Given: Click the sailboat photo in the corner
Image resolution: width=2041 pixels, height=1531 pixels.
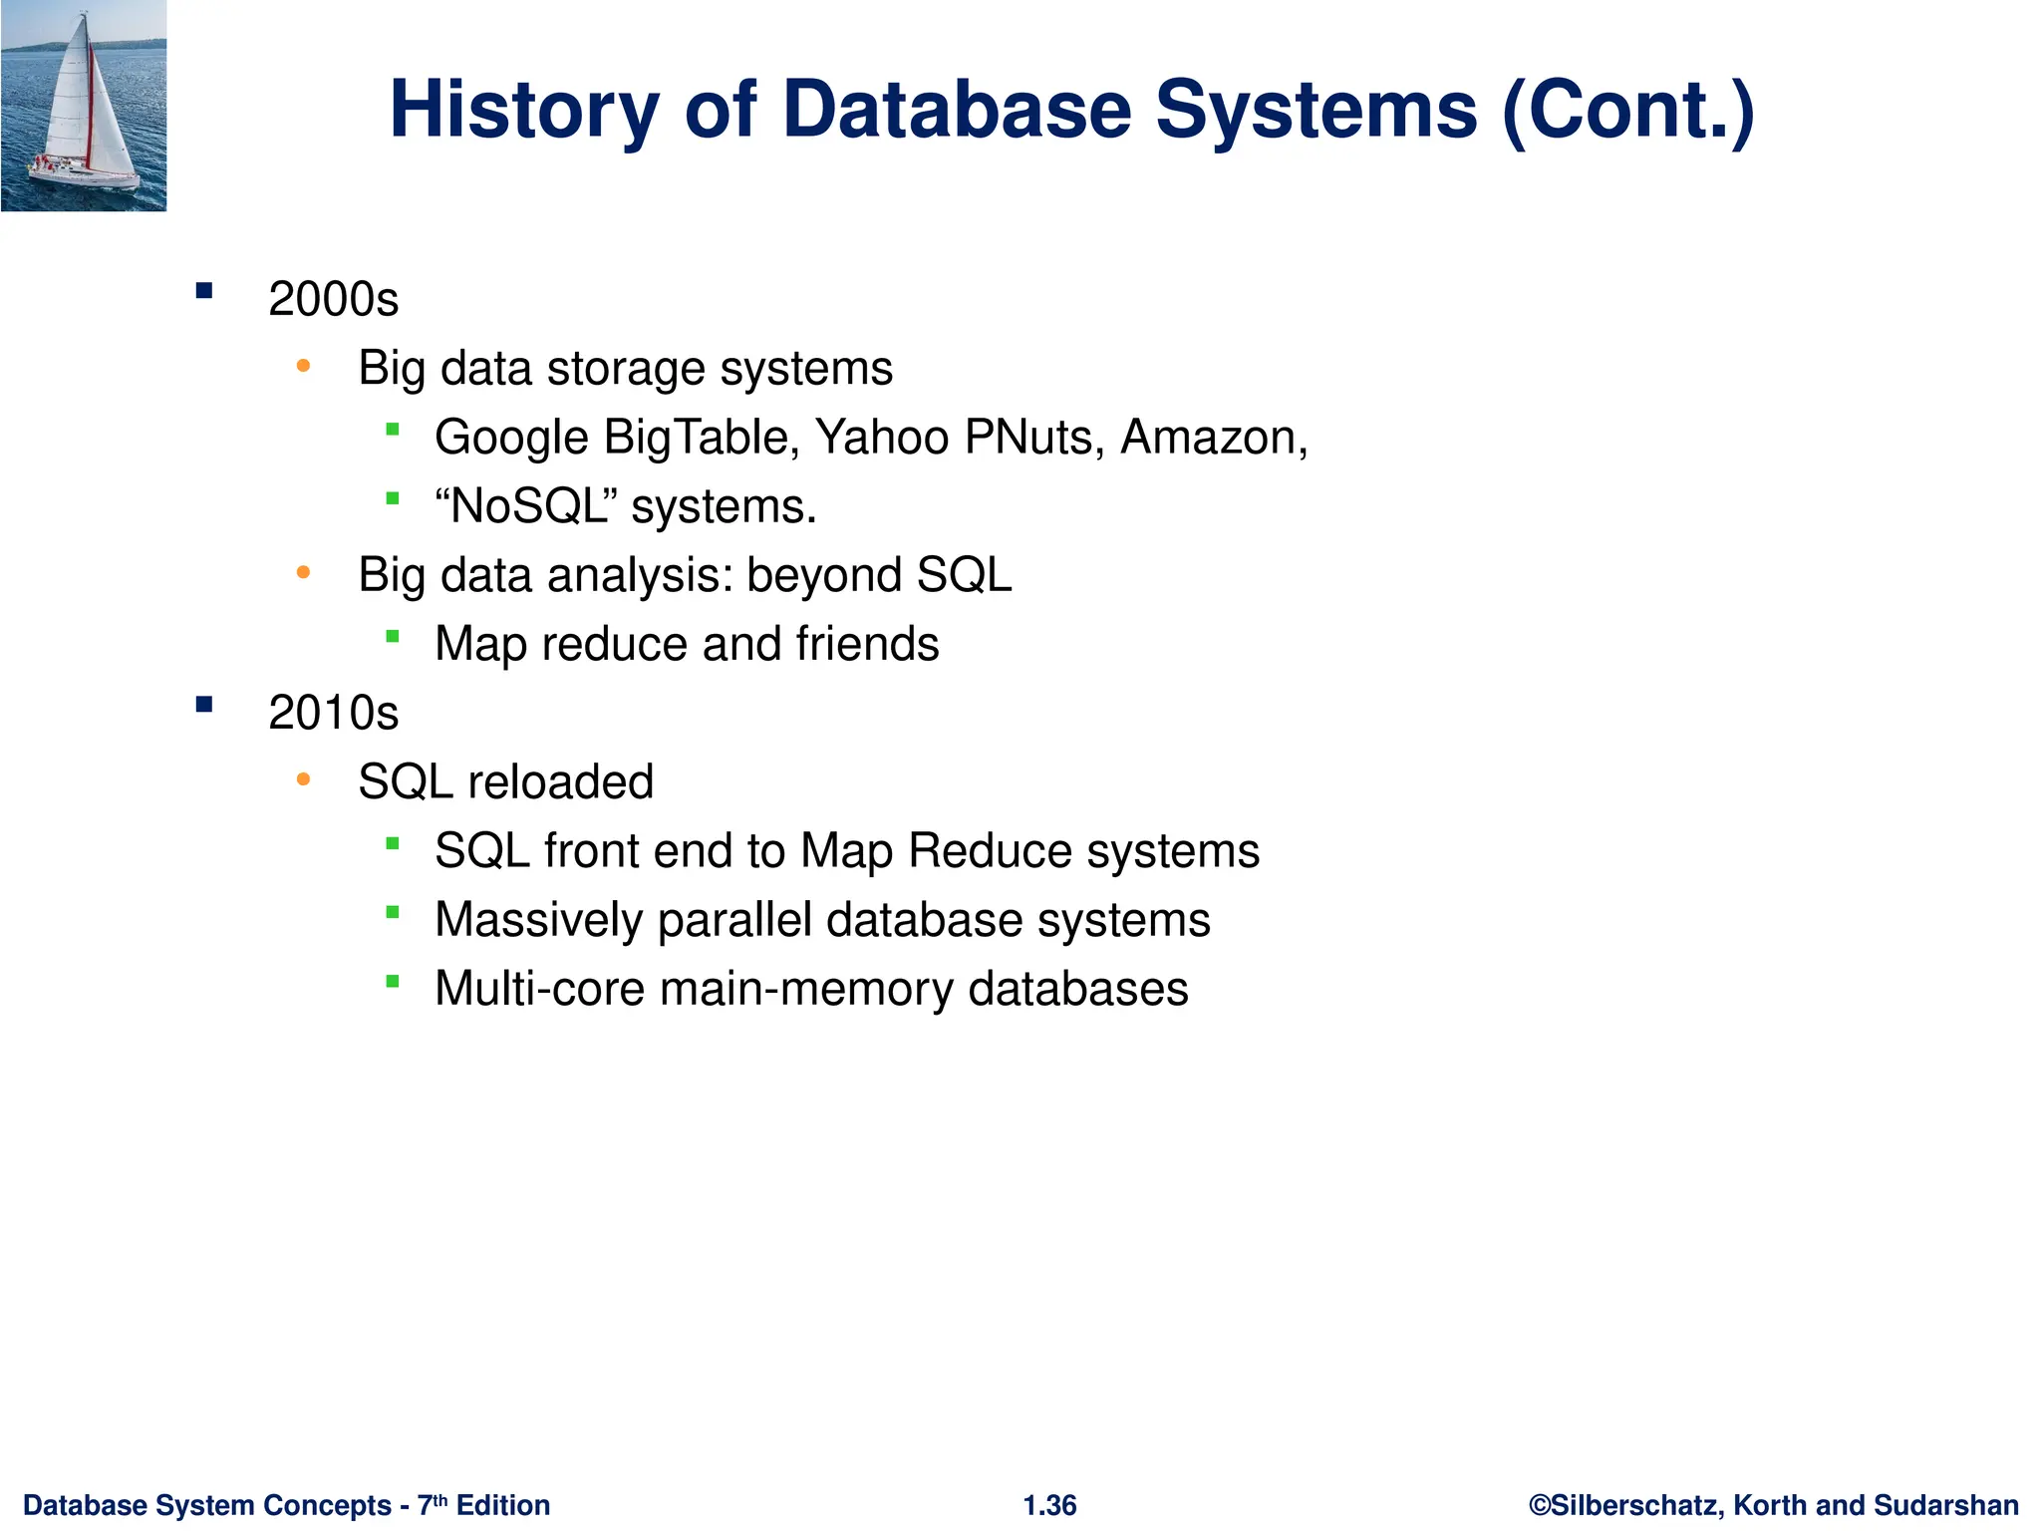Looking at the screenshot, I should tap(84, 106).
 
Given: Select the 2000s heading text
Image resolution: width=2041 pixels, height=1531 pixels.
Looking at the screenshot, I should tap(333, 299).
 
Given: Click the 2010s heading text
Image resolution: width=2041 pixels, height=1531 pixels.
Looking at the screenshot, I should tap(333, 713).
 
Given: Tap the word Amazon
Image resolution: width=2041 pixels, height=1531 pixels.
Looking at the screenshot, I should tap(1208, 438).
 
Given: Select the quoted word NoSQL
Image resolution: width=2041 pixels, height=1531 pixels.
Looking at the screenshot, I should tap(528, 506).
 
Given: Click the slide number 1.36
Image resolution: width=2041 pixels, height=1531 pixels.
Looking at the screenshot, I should tap(1049, 1505).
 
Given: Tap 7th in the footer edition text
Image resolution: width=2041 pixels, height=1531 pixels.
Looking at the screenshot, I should tap(433, 1504).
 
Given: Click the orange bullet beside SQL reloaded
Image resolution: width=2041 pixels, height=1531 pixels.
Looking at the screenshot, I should tap(304, 779).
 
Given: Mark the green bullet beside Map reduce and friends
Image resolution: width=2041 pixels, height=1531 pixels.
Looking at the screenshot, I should tap(393, 636).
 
